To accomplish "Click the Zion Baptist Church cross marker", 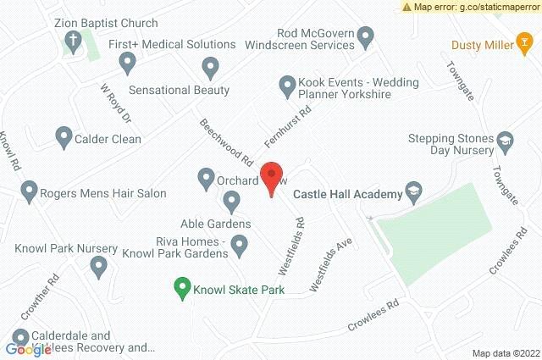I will [75, 40].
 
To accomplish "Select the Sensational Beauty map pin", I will [211, 66].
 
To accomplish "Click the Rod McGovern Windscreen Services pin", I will [366, 36].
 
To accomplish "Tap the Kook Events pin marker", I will [286, 84].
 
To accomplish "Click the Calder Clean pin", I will [63, 136].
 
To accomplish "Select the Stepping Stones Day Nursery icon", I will [505, 140].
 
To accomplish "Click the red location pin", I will [271, 178].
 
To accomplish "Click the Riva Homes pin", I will [240, 246].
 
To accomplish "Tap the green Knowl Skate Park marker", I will [180, 288].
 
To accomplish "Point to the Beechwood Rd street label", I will [226, 141].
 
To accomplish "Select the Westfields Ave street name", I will [329, 264].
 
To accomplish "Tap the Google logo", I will [28, 349].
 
